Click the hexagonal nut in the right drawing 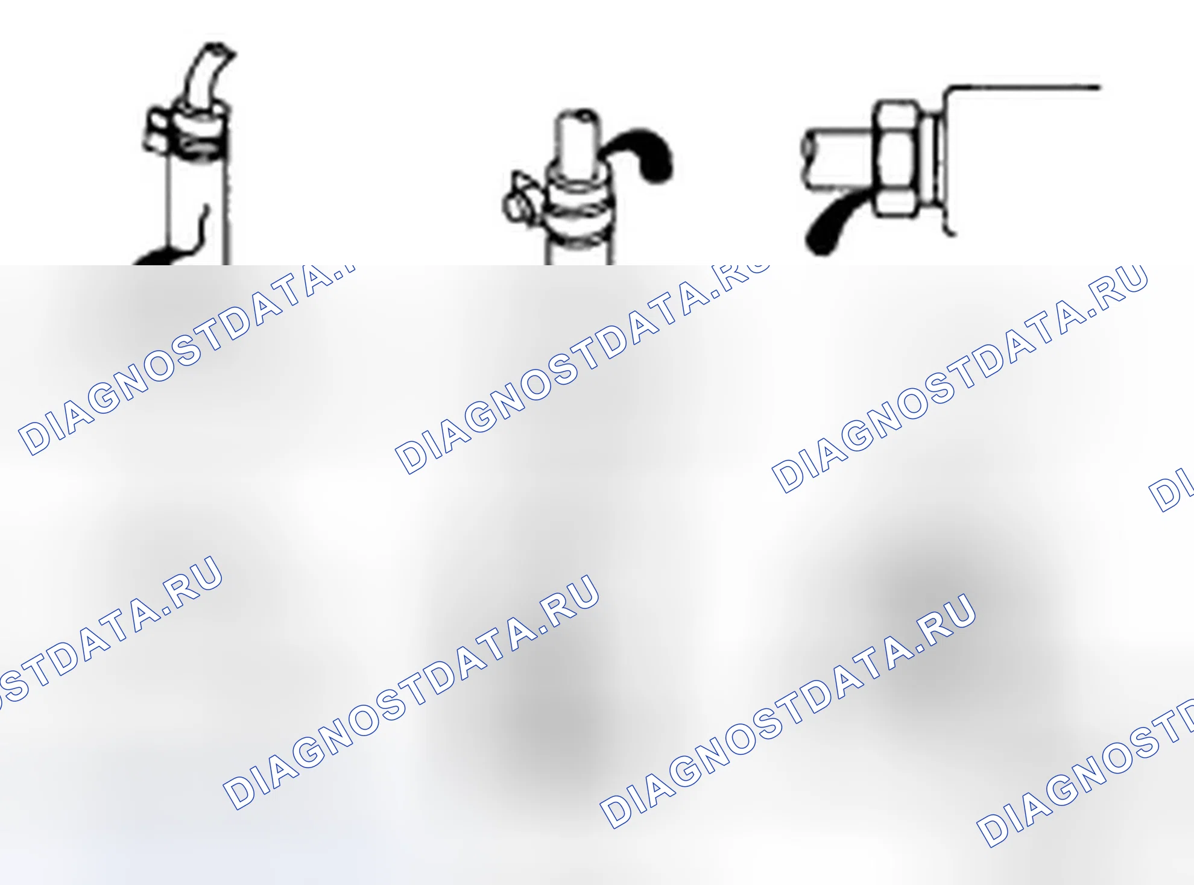coord(896,158)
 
